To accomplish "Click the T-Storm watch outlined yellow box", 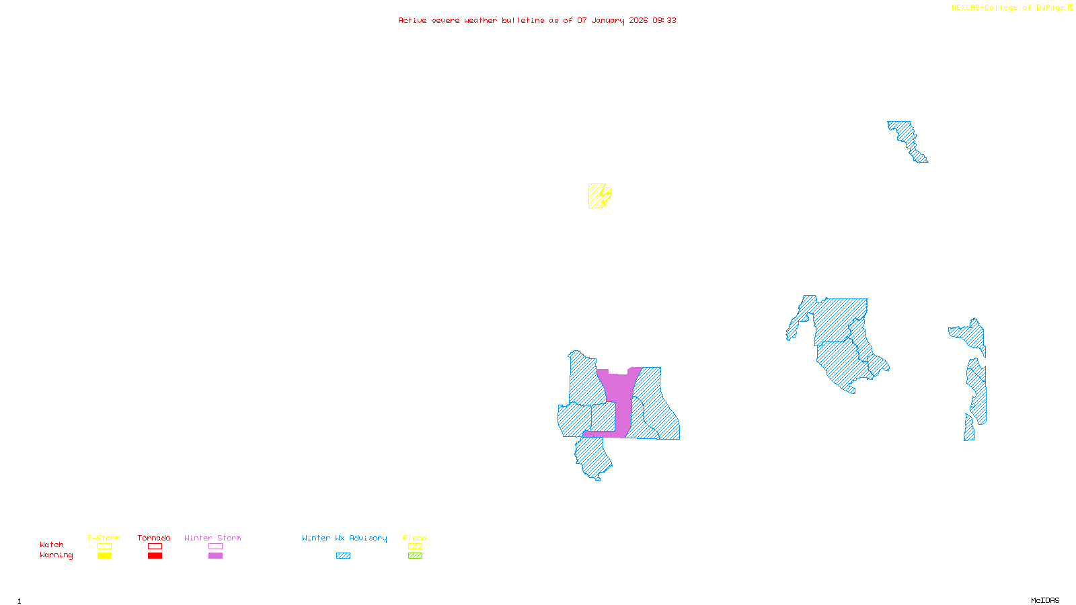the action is pyautogui.click(x=104, y=547).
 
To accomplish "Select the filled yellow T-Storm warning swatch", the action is pyautogui.click(x=104, y=556).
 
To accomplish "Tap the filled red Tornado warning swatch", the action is pyautogui.click(x=155, y=556).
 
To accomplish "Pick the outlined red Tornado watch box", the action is pyautogui.click(x=155, y=547).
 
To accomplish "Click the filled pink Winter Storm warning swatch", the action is pyautogui.click(x=215, y=556).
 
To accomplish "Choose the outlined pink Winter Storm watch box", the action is pyautogui.click(x=215, y=547).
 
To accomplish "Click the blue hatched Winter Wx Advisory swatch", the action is pyautogui.click(x=343, y=556).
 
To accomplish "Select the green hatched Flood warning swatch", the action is pyautogui.click(x=415, y=556).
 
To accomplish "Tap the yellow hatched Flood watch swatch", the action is pyautogui.click(x=415, y=547).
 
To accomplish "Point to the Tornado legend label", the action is pyautogui.click(x=154, y=538).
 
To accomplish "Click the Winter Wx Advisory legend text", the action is pyautogui.click(x=344, y=538).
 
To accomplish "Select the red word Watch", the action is pyautogui.click(x=52, y=545).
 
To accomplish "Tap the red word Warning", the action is pyautogui.click(x=56, y=555).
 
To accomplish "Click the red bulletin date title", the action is pyautogui.click(x=537, y=21).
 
